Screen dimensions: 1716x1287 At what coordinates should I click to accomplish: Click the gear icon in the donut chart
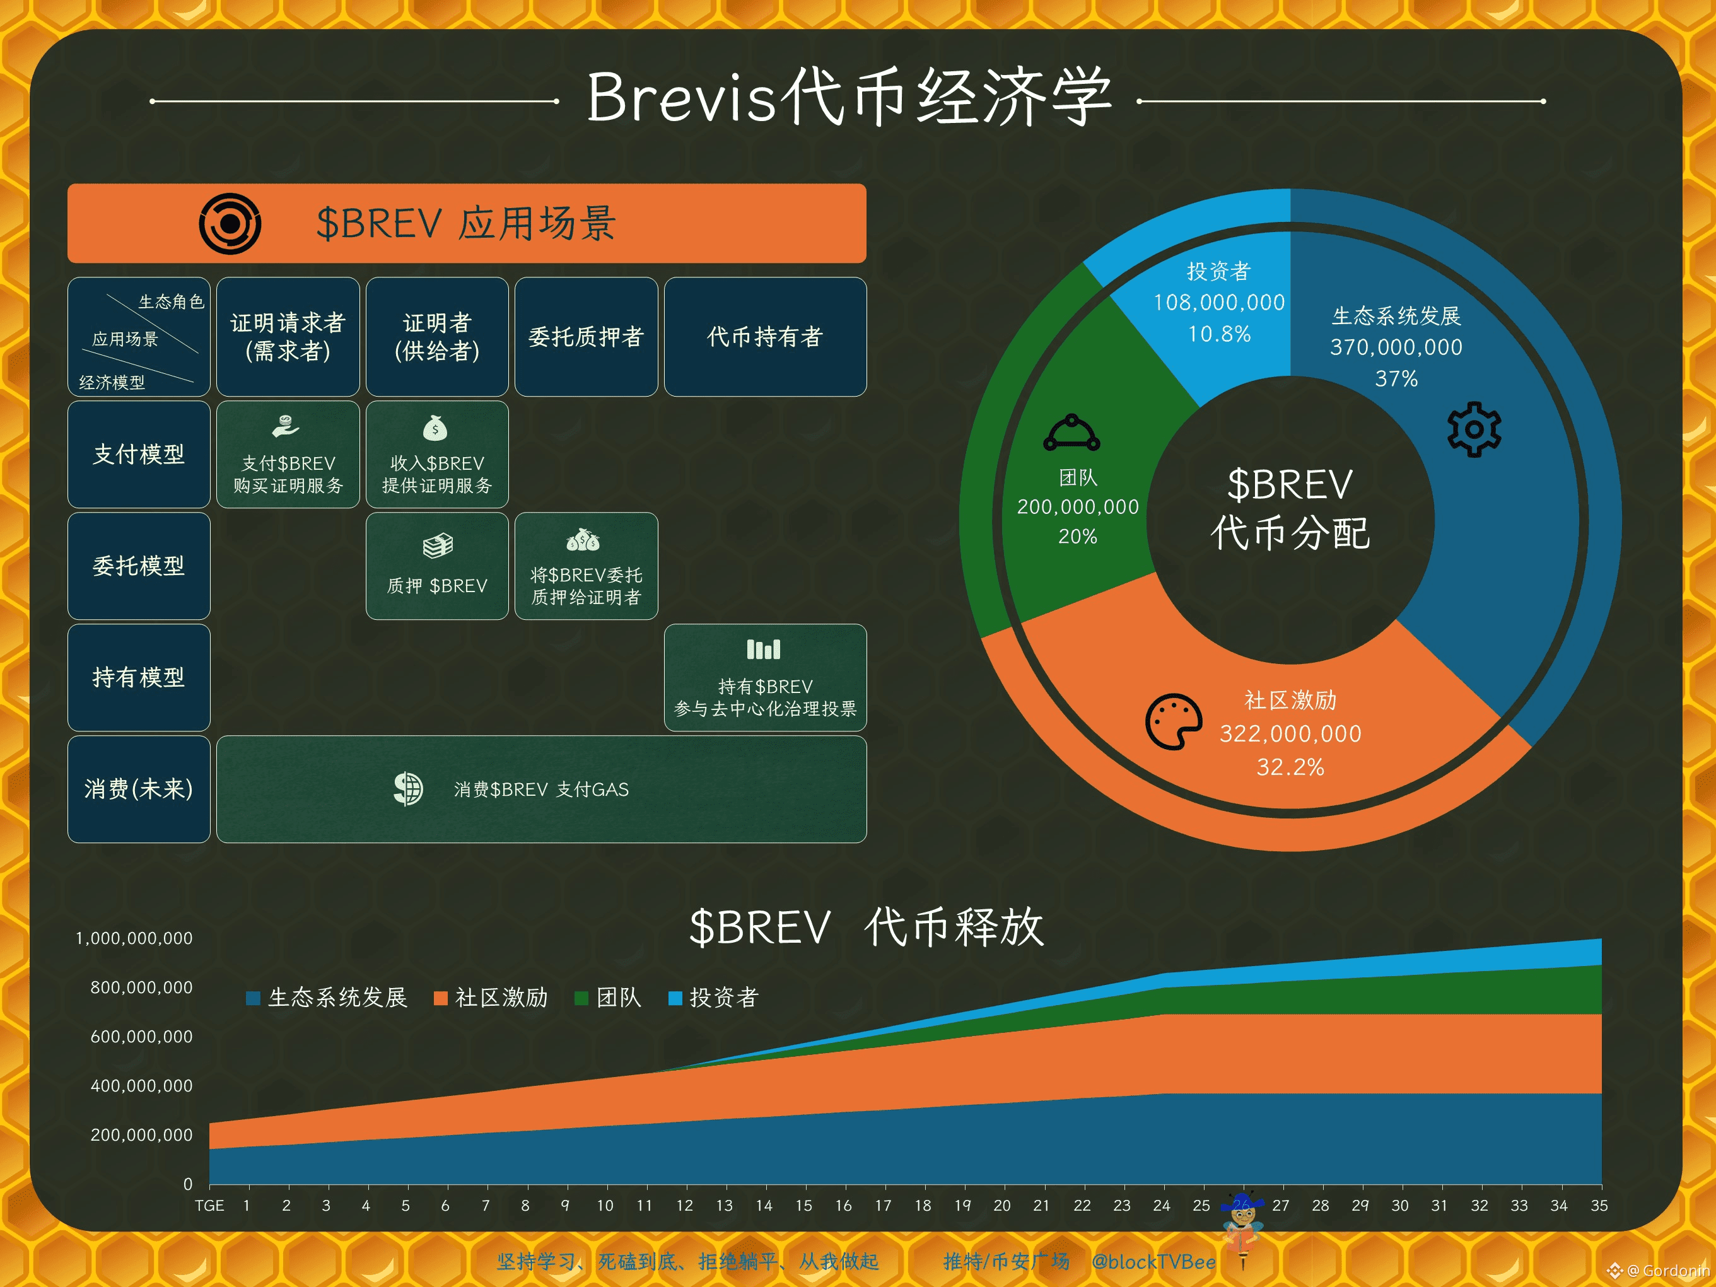(1474, 429)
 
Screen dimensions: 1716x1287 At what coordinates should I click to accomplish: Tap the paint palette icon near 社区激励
(1174, 721)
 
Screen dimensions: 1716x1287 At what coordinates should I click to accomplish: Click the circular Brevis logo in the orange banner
(230, 223)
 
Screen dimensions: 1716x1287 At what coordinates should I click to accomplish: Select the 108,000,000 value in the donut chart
(1219, 303)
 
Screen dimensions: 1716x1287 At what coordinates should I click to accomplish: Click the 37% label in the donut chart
(1396, 378)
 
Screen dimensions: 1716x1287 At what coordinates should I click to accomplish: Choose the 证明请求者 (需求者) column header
(288, 337)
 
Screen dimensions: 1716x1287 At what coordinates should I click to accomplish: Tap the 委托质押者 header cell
(586, 337)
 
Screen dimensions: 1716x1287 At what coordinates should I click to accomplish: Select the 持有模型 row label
(139, 677)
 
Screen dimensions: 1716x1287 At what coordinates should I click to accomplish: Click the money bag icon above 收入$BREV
(435, 428)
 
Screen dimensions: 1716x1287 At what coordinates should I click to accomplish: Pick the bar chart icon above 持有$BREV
(764, 649)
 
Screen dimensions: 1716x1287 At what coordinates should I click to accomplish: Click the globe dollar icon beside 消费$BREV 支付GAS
(408, 789)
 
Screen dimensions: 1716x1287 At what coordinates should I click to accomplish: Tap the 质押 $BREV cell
(437, 566)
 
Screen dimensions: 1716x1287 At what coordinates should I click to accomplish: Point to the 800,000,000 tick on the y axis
(141, 987)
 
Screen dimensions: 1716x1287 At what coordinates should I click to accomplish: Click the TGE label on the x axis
(209, 1206)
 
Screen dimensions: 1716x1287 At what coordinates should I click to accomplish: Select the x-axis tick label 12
(684, 1206)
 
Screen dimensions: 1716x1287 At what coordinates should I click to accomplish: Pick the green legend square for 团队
(581, 998)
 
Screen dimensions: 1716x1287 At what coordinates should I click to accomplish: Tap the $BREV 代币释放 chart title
(867, 927)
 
